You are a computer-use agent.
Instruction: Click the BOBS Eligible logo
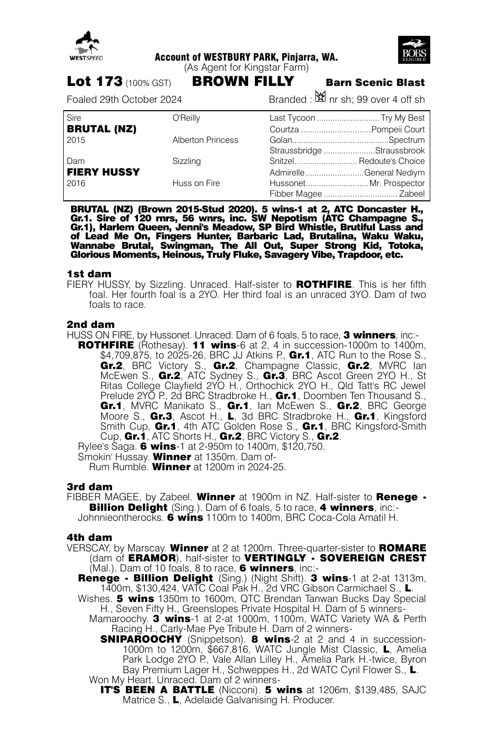coord(414,50)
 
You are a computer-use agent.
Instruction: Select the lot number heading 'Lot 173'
coord(95,82)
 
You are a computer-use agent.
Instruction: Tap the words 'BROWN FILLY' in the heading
coord(243,82)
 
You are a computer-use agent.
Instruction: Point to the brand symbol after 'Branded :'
coord(320,98)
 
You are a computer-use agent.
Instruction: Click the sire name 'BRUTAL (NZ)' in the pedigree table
coord(102,129)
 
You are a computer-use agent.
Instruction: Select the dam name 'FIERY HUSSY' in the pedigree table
coord(103,172)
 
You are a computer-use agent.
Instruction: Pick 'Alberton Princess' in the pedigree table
coord(205,140)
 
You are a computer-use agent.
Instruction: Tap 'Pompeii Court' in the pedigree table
coord(398,130)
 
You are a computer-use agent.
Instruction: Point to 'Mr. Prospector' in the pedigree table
coord(397,183)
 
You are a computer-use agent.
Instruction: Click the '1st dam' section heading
coord(89,274)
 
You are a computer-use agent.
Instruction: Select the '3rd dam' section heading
coord(90,487)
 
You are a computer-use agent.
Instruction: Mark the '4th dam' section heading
coord(90,537)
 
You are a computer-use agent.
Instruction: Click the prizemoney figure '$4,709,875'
coord(124,355)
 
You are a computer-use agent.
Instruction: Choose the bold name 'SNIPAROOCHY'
coord(141,639)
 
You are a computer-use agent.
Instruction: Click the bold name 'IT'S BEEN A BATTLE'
coord(156,690)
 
